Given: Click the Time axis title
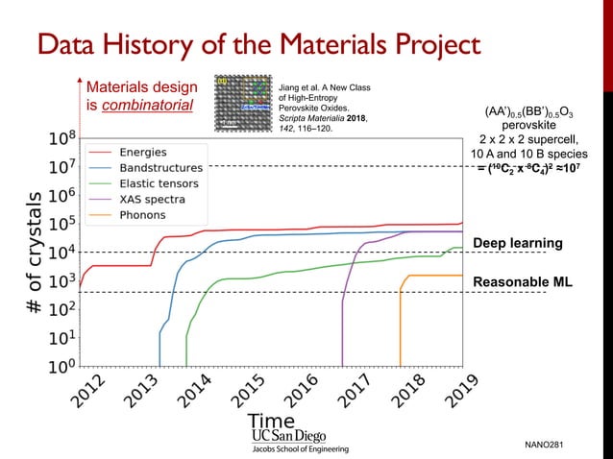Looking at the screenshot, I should [x=271, y=421].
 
